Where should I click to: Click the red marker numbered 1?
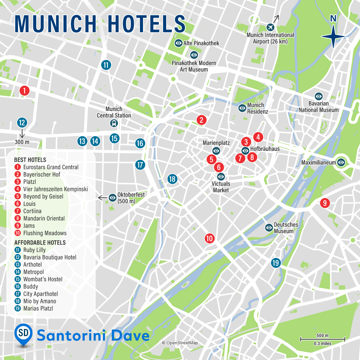[x=24, y=91]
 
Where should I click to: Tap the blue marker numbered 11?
[x=106, y=65]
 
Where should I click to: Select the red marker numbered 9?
[x=325, y=203]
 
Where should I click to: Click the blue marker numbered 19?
[x=276, y=263]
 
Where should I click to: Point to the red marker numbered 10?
[x=209, y=238]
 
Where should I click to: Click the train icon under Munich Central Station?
[x=114, y=123]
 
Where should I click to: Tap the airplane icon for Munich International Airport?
[x=270, y=27]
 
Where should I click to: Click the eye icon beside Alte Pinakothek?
[x=178, y=43]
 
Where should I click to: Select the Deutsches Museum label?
[x=286, y=228]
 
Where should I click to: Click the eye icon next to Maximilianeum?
[x=341, y=162]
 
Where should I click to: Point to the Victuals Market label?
[x=221, y=187]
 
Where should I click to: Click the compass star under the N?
[x=333, y=37]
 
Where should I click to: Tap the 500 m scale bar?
[x=322, y=339]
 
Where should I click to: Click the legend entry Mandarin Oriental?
[x=44, y=219]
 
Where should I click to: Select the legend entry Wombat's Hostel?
[x=43, y=279]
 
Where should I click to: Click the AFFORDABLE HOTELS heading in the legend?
[x=40, y=243]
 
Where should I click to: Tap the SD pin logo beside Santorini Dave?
[x=24, y=334]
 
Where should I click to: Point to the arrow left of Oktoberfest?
[x=102, y=198]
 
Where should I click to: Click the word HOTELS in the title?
[x=146, y=24]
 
